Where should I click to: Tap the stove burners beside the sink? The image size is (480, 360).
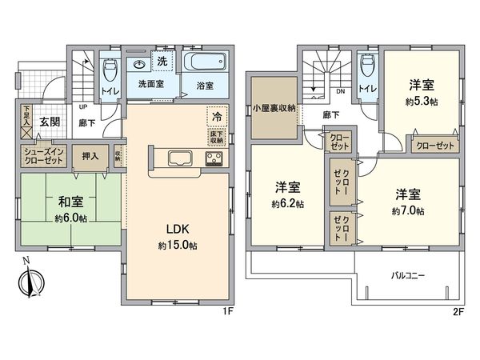pyautogui.click(x=214, y=157)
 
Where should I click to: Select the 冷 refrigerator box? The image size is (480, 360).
pyautogui.click(x=218, y=115)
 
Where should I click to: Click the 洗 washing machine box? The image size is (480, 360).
pyautogui.click(x=161, y=61)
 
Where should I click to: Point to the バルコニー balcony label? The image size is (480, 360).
pyautogui.click(x=408, y=275)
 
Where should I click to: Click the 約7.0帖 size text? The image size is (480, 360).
pyautogui.click(x=407, y=211)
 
